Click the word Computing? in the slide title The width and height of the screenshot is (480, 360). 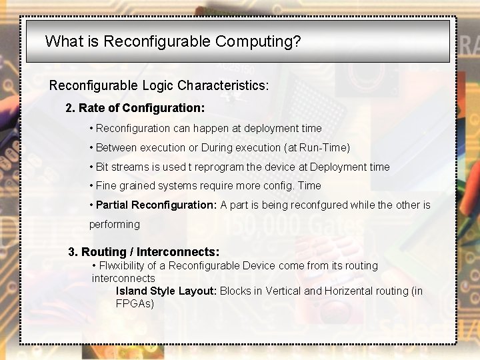[x=258, y=41]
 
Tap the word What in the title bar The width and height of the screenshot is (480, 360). [x=63, y=41]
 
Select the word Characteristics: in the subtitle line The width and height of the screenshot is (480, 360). [x=223, y=85]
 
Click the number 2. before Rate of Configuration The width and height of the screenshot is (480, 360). [x=71, y=107]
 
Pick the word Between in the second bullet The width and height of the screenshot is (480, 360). [x=117, y=147]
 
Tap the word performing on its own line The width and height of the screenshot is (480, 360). [x=114, y=224]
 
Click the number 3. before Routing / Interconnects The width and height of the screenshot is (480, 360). [x=73, y=251]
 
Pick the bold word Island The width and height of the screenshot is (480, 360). [x=131, y=291]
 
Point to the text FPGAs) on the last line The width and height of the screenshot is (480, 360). [x=135, y=303]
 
